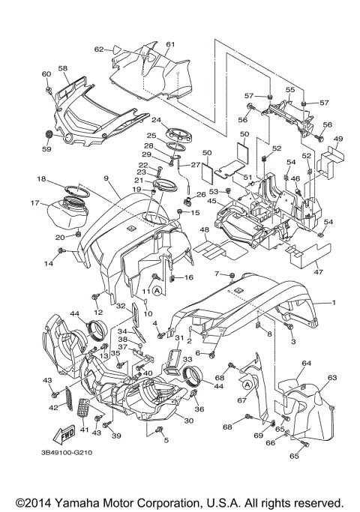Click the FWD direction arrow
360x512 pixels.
click(64, 434)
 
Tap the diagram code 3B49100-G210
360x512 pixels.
click(67, 453)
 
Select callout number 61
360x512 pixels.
click(170, 44)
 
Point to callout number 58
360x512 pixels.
click(63, 68)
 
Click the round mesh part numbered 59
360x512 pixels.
click(48, 134)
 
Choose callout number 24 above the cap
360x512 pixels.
click(157, 120)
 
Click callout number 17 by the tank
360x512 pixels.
click(35, 203)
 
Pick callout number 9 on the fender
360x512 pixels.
click(106, 178)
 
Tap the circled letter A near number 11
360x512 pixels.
click(157, 290)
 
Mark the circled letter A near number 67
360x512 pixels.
click(247, 385)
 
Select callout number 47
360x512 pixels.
click(319, 271)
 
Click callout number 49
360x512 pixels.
click(338, 139)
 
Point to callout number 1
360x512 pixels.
click(334, 303)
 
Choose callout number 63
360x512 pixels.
click(332, 378)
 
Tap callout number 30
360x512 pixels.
click(189, 421)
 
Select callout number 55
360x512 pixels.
click(290, 89)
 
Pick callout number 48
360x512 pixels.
click(204, 230)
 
